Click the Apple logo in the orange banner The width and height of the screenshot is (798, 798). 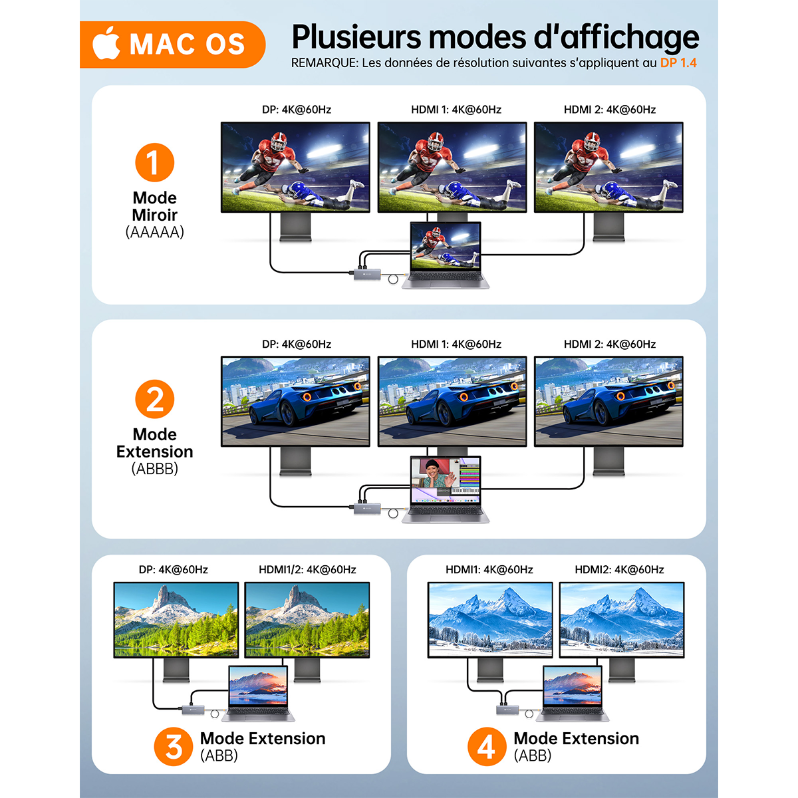tap(106, 43)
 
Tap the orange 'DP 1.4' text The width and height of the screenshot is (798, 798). tap(678, 63)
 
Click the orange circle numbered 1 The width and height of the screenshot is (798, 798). tap(154, 162)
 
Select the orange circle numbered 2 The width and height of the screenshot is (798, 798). tap(154, 399)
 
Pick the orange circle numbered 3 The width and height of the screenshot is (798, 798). tap(174, 747)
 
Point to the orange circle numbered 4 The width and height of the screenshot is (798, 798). tap(487, 747)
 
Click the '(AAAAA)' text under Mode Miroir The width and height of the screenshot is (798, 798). tap(154, 232)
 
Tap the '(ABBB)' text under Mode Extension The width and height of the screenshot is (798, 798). tap(154, 469)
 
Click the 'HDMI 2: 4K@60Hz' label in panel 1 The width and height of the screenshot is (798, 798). tap(610, 110)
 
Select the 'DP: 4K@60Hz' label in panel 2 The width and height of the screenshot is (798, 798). tap(297, 344)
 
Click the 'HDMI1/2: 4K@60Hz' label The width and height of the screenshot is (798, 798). tap(307, 570)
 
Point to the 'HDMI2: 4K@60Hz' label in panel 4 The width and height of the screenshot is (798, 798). tap(619, 570)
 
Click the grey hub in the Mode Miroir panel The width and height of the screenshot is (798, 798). tap(367, 274)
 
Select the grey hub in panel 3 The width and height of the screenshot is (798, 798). tap(194, 710)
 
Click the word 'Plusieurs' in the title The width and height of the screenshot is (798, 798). tap(356, 37)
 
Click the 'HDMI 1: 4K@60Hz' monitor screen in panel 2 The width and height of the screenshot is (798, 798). tap(452, 401)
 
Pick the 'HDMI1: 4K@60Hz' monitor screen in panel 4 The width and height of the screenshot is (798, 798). tap(490, 620)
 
